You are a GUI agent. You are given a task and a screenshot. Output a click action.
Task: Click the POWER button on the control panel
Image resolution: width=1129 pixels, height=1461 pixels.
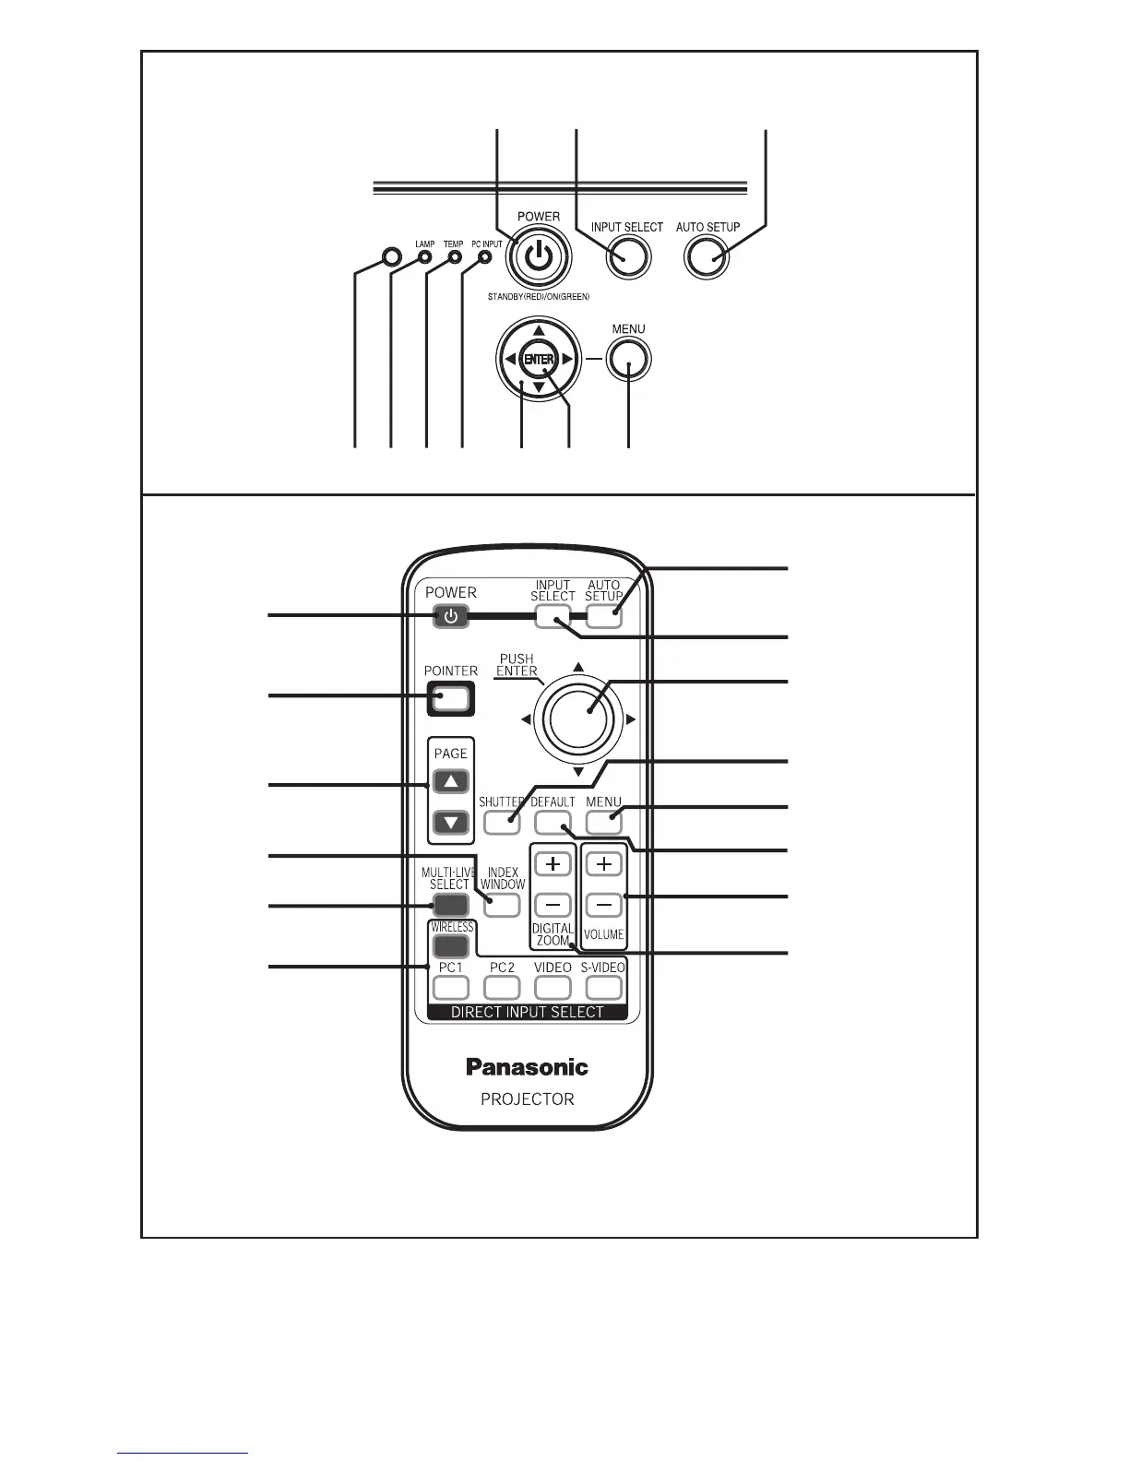(x=538, y=257)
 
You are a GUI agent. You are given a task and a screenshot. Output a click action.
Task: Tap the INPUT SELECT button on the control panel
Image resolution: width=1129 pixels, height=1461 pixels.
(x=627, y=257)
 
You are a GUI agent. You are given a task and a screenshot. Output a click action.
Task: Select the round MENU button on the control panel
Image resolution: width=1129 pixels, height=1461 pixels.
(x=628, y=360)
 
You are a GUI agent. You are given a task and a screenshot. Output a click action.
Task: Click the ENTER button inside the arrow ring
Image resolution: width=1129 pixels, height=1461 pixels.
(x=538, y=359)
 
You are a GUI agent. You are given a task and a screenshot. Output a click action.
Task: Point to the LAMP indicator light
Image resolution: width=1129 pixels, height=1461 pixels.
(x=424, y=257)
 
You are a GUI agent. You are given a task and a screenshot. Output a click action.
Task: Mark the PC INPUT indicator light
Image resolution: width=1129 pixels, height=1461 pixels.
(x=485, y=257)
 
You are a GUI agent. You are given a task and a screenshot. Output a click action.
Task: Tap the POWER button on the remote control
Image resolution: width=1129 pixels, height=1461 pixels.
(x=450, y=616)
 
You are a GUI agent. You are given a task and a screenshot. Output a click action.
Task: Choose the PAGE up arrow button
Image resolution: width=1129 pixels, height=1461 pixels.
(x=451, y=782)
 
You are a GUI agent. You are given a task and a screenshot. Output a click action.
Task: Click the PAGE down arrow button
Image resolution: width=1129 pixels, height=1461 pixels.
(x=451, y=822)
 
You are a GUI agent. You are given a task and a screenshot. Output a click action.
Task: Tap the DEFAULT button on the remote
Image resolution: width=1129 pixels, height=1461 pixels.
(x=553, y=821)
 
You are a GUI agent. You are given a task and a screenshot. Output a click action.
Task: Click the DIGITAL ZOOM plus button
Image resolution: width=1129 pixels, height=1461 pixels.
(x=553, y=864)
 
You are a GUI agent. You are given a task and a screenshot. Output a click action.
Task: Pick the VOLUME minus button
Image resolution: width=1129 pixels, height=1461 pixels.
(x=604, y=905)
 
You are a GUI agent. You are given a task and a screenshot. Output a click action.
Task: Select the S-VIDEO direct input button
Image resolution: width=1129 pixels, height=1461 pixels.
(x=603, y=988)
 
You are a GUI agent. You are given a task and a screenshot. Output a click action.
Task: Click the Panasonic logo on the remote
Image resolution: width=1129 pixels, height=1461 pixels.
(x=527, y=1067)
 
